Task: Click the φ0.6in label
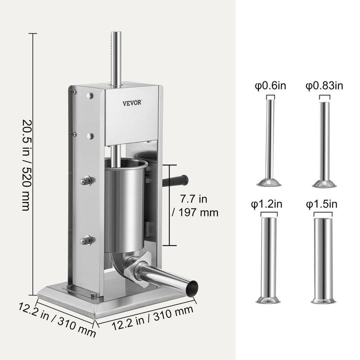coord(270,85)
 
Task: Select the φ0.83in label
coord(324,85)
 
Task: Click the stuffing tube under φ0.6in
coord(269,142)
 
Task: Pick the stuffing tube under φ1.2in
coord(269,260)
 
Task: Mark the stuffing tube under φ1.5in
coord(322,260)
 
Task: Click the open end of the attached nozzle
coord(191,288)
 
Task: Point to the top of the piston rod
coord(116,35)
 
